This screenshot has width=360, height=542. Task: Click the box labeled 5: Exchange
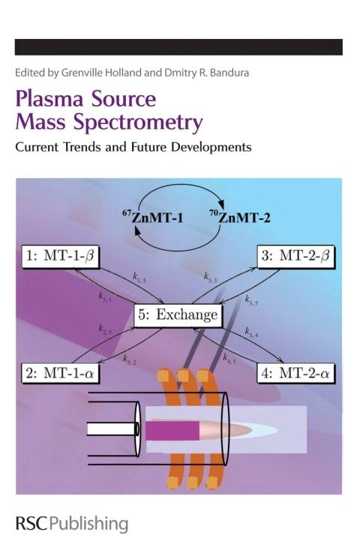pos(178,315)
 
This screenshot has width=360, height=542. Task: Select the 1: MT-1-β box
pos(60,257)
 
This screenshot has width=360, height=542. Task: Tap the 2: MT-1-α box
pos(60,373)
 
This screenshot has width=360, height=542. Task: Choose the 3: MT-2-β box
pos(295,257)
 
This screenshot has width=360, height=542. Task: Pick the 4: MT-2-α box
pos(295,373)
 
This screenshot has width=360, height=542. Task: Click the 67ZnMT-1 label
pos(152,217)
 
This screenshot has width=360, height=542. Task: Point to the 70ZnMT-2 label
pos(240,217)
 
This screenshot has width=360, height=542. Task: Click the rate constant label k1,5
pos(139,278)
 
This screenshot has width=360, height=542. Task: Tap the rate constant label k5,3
pos(210,278)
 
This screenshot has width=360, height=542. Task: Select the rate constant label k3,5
pos(251,300)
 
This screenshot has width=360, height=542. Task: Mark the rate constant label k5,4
pos(251,333)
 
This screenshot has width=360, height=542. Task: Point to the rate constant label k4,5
pos(229,358)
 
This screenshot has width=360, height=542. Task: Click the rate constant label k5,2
pos(129,360)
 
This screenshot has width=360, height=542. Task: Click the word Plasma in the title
pos(49,99)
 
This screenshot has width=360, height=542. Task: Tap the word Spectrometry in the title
pos(138,123)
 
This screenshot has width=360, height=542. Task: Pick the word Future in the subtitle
pos(149,147)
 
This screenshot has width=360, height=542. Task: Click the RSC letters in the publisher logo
pos(31,523)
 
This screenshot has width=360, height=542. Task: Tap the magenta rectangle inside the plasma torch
pos(172,430)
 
